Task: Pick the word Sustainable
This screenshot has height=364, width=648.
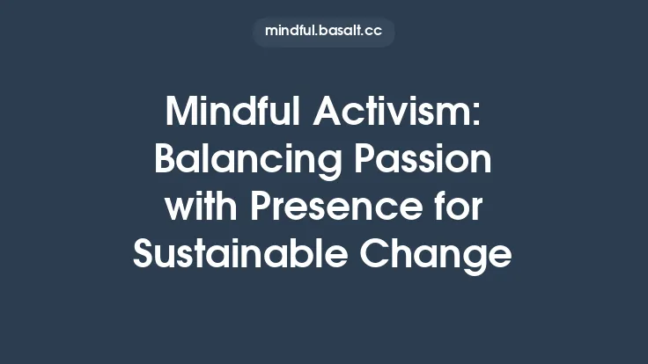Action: (x=240, y=254)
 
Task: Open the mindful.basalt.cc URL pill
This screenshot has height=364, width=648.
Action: (x=323, y=32)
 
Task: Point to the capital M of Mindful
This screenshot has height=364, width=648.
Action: (x=180, y=113)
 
